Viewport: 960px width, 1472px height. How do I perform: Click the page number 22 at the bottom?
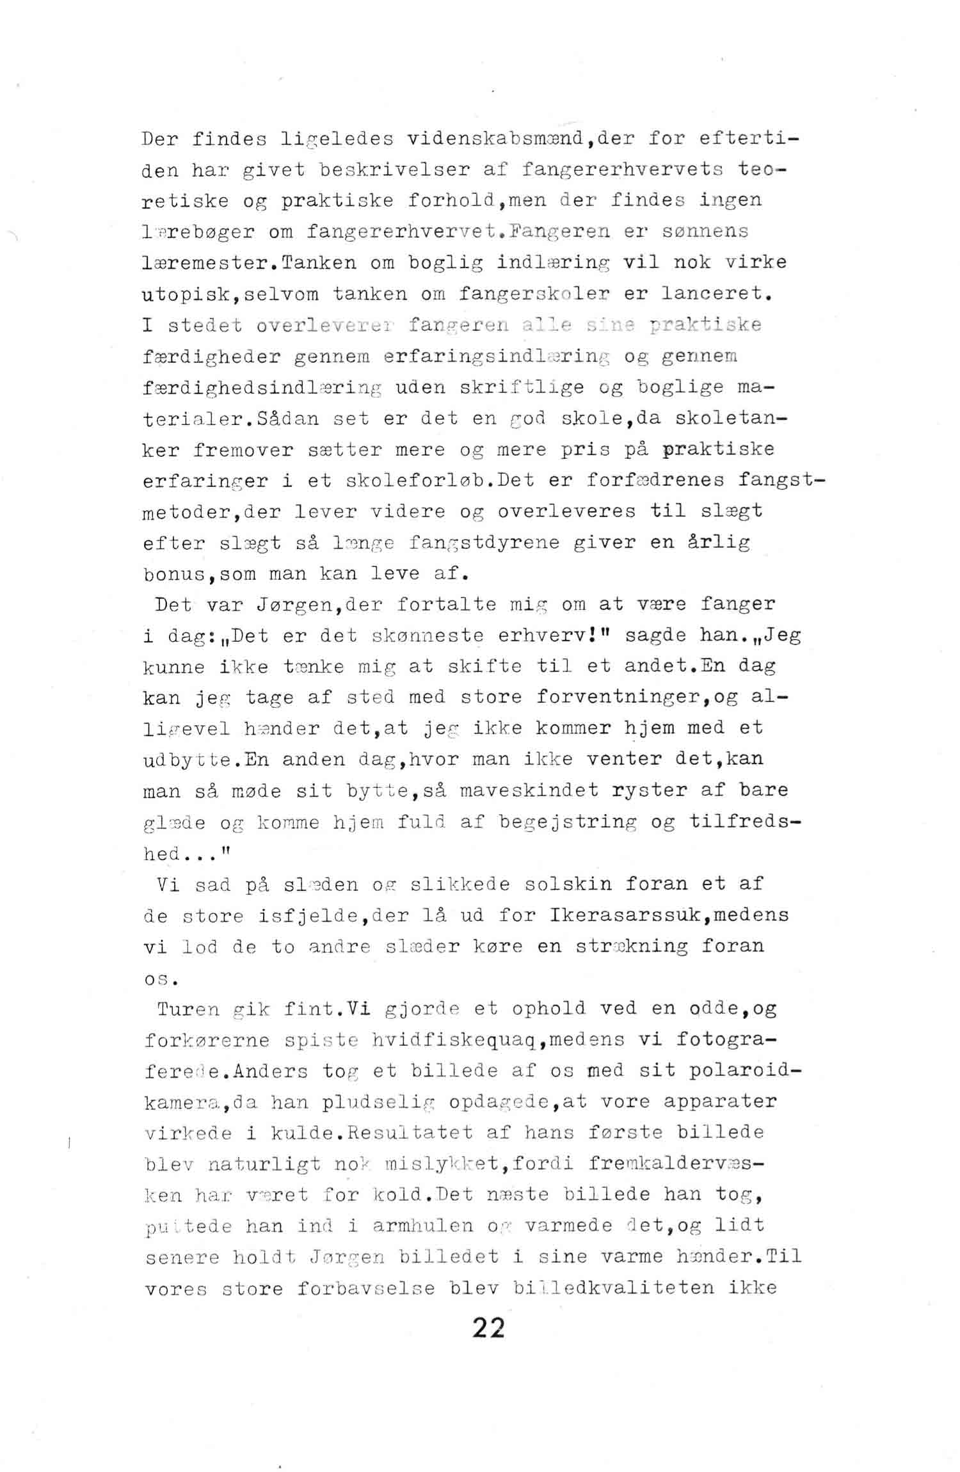pos(488,1329)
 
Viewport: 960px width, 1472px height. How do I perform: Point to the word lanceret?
pos(712,294)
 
